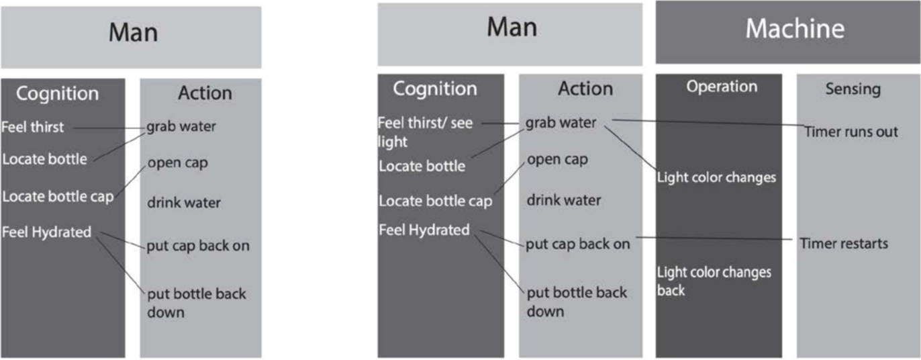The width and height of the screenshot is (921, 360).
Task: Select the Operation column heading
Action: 722,87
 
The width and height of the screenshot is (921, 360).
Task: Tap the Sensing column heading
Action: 853,89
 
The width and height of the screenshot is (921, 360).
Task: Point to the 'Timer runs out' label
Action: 851,132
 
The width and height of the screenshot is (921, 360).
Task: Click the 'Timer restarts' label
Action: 844,243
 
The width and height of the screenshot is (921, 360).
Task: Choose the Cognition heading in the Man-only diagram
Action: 57,93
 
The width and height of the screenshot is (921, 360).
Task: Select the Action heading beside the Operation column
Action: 585,88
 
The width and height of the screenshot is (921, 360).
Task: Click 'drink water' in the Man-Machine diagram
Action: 563,200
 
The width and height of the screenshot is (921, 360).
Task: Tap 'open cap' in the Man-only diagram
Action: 179,163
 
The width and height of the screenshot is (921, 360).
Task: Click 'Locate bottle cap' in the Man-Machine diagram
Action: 435,201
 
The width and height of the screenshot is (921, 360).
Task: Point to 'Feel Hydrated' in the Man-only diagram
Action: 46,232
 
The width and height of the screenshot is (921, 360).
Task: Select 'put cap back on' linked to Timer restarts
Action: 577,244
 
